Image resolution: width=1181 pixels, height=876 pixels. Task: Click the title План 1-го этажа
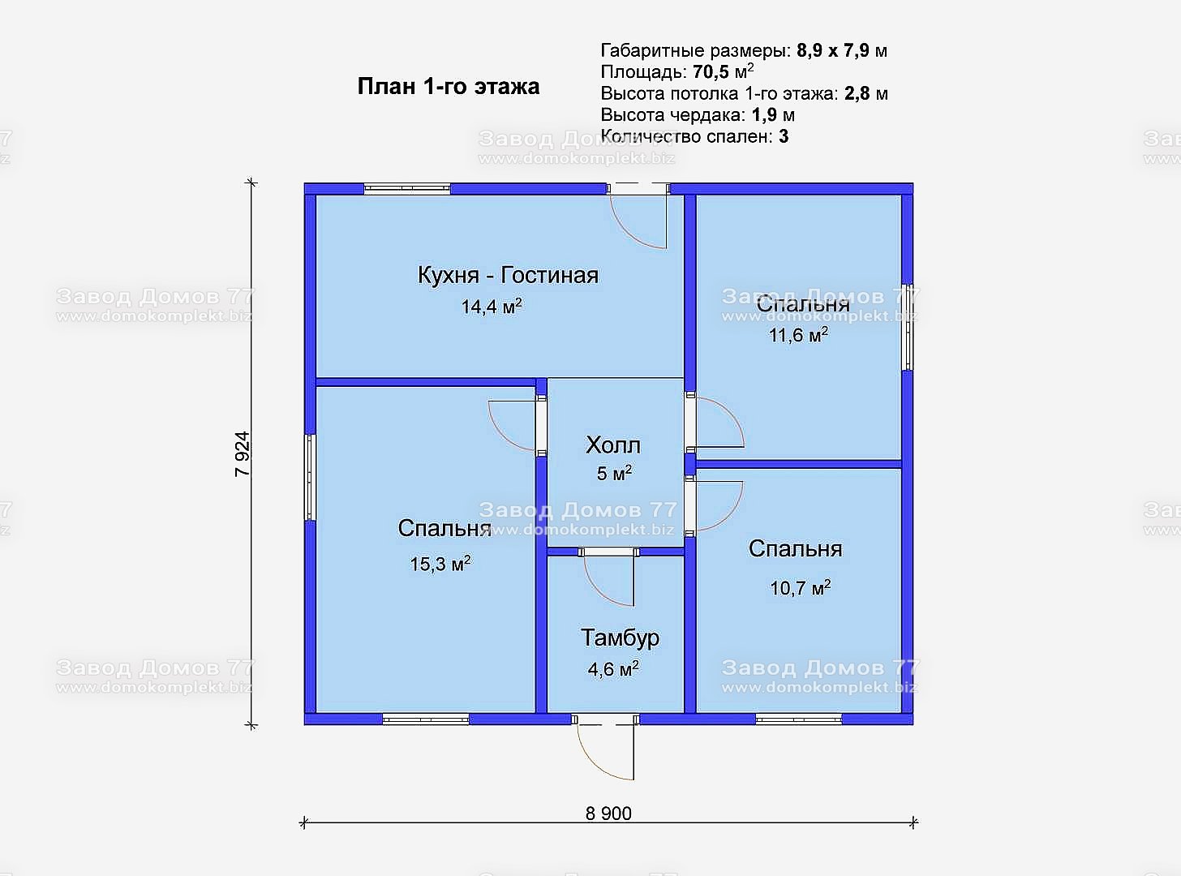(x=449, y=86)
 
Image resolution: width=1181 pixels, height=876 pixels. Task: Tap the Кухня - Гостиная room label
(x=508, y=275)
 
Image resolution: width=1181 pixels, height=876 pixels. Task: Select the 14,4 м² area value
(x=491, y=307)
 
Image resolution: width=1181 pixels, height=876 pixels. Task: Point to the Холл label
(x=613, y=444)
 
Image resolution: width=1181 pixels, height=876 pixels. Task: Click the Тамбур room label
(x=620, y=638)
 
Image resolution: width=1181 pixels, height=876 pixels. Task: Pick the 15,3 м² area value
(x=440, y=564)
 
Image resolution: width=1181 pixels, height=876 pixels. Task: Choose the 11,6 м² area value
(x=798, y=335)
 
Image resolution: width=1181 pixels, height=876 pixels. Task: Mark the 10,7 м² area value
(x=801, y=588)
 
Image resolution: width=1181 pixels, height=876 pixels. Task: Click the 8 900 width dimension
(x=608, y=814)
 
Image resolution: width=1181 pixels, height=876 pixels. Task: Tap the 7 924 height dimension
(x=243, y=453)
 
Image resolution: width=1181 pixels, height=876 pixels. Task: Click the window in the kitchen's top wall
(x=407, y=188)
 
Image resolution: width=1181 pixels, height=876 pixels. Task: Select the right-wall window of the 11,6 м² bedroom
(x=908, y=327)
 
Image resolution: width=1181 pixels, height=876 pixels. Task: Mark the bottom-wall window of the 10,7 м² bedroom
(x=799, y=720)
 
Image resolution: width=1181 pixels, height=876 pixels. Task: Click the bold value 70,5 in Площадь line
(x=711, y=71)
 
